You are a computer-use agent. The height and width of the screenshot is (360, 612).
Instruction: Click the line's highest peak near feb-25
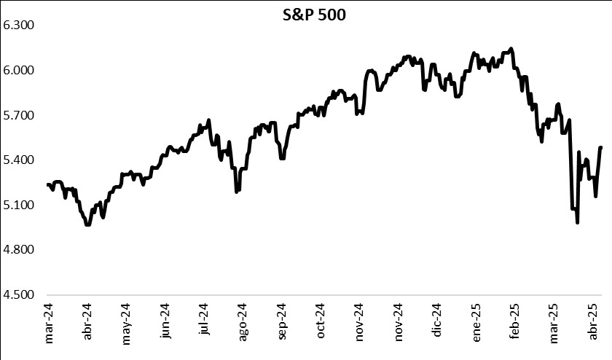(511, 49)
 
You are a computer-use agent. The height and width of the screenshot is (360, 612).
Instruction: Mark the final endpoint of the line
(601, 147)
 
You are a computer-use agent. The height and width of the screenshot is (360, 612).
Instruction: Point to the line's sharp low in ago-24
(237, 192)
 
